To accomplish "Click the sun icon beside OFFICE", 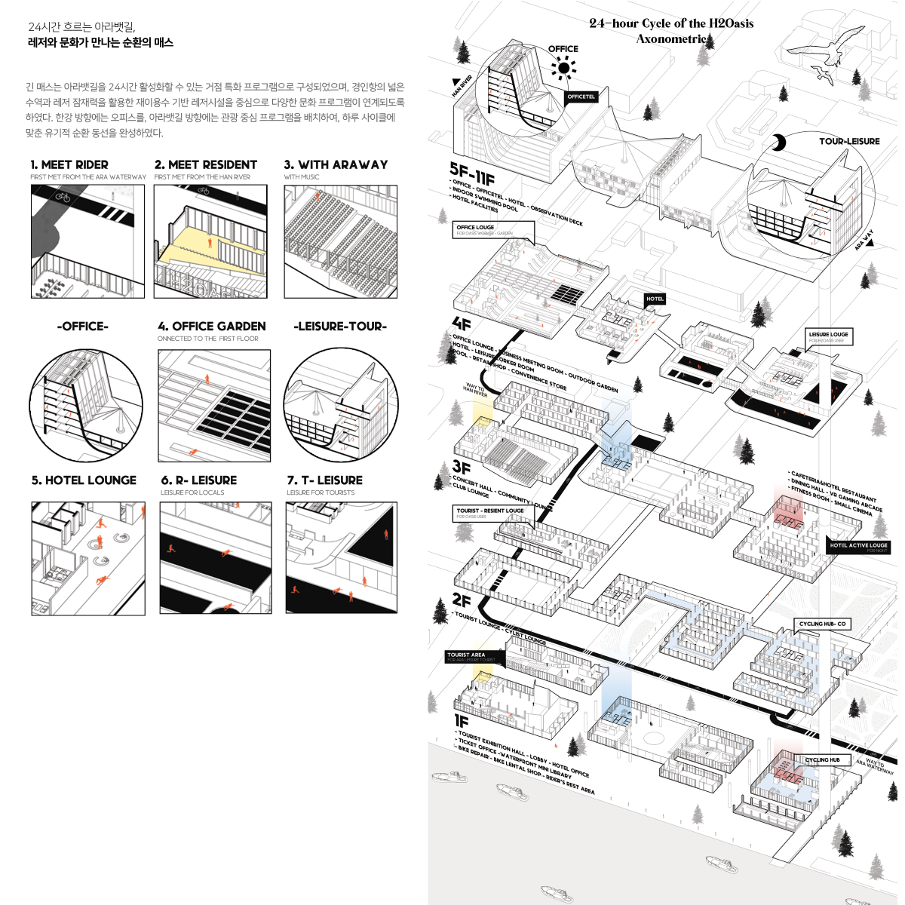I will tap(563, 69).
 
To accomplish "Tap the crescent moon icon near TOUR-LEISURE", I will tap(779, 143).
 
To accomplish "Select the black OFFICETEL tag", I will tap(581, 97).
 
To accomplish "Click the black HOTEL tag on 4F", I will tap(655, 299).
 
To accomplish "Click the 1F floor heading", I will tap(461, 722).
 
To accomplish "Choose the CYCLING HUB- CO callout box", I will tap(823, 624).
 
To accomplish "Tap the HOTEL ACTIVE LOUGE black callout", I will tap(858, 546).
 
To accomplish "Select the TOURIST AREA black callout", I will tap(471, 656).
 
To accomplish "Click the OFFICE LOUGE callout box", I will tap(494, 229).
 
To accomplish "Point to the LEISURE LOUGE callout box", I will tap(828, 336).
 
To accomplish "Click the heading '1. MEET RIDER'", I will tap(69, 164).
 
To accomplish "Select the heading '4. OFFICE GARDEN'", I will tap(212, 327).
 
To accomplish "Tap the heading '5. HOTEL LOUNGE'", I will tap(84, 480).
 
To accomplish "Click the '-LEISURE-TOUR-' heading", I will tap(340, 327).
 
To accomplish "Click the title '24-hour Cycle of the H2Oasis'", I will tap(671, 23).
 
